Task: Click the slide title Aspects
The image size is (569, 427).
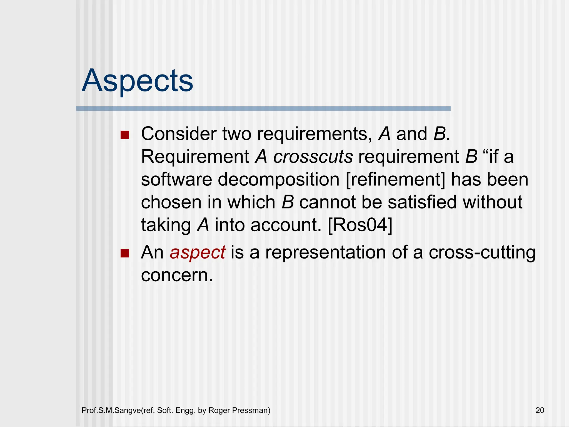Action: tap(137, 81)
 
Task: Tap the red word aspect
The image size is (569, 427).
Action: tap(197, 252)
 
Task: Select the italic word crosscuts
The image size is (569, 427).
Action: tap(313, 157)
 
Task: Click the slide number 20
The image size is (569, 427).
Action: tap(540, 410)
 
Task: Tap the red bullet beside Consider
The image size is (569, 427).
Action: tap(125, 135)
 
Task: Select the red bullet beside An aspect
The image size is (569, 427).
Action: tap(125, 253)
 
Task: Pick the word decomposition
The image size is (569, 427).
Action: tap(279, 180)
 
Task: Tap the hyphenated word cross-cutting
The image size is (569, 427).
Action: tap(482, 253)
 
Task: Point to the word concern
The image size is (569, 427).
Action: tap(177, 275)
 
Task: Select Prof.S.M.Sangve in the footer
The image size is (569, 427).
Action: tap(111, 410)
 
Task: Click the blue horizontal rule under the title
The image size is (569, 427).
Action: tap(263, 109)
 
